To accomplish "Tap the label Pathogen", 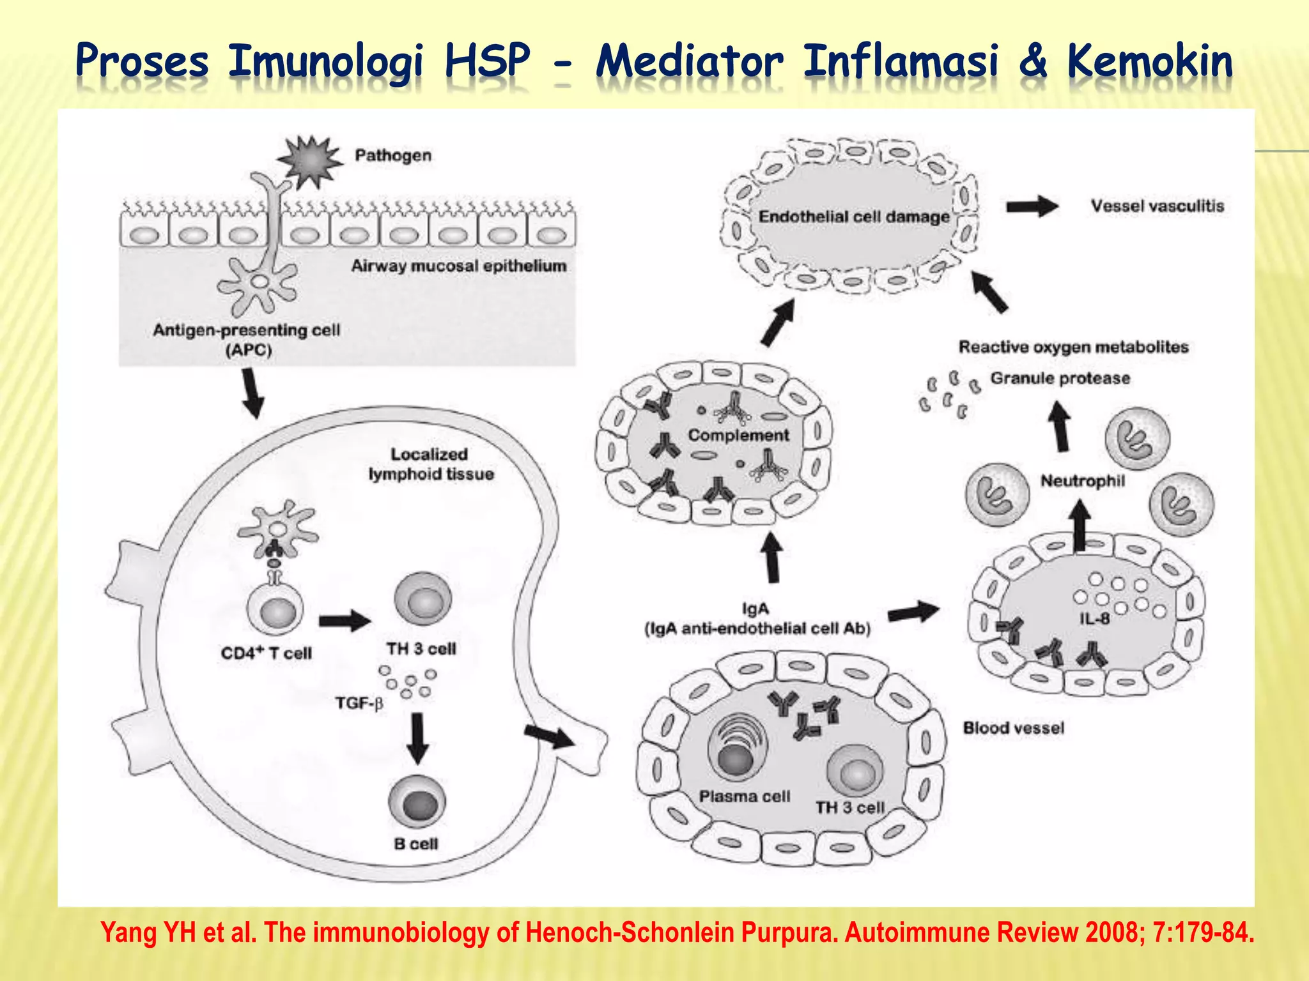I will tap(393, 155).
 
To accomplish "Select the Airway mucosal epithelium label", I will tap(458, 266).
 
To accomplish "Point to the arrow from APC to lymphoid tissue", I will tap(253, 393).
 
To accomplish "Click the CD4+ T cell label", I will tap(266, 653).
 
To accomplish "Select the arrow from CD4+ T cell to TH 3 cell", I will tap(345, 620).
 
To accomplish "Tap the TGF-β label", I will tap(359, 703).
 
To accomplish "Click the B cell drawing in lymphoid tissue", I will tap(417, 803).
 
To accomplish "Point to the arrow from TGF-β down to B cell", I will tap(417, 738).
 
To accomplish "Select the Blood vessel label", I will tap(1013, 728).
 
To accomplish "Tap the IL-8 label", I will tap(1094, 618).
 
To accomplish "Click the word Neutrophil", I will tap(1082, 480).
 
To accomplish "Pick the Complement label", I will tap(738, 435).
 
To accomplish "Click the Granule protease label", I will tap(1060, 378).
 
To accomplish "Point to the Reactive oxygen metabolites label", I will tap(1073, 347).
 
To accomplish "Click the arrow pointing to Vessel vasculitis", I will tap(1032, 206).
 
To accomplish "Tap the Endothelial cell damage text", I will tap(854, 217).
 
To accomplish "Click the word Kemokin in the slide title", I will tap(1149, 62).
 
